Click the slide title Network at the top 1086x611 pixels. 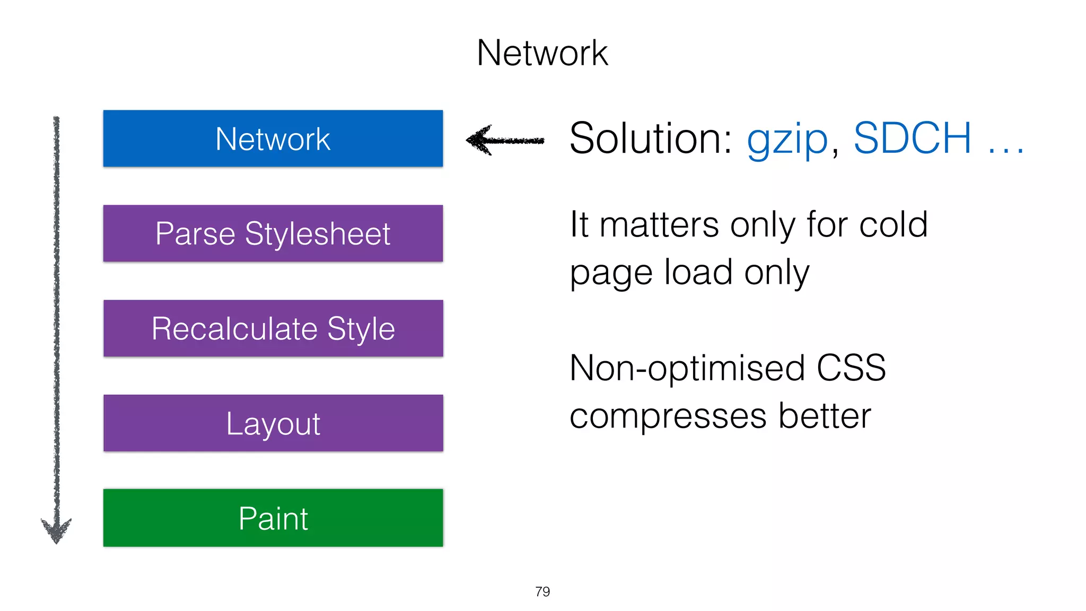[x=542, y=53]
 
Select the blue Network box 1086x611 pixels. [x=273, y=138]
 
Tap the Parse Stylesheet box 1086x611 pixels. [x=273, y=233]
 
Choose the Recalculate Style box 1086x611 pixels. [x=273, y=328]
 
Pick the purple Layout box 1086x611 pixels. [x=273, y=423]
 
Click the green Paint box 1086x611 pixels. [x=273, y=518]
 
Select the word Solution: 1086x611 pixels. [x=650, y=138]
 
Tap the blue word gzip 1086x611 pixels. [x=787, y=139]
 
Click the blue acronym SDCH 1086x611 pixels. [x=912, y=138]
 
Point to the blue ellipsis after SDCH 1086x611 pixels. [x=1005, y=152]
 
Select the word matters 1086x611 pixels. [x=659, y=224]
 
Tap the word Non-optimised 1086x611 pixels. [x=687, y=368]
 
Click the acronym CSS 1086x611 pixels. [x=851, y=368]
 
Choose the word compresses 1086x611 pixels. [x=668, y=416]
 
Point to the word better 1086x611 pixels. [x=825, y=416]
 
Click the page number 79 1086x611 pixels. [x=542, y=591]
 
